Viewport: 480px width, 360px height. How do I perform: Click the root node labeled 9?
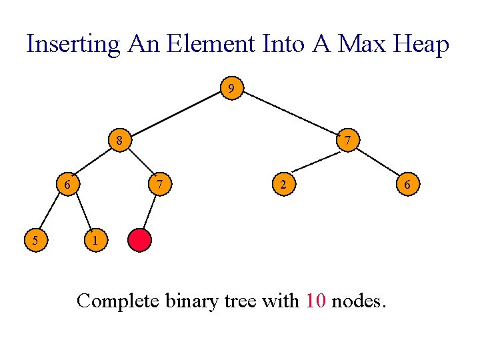(x=231, y=88)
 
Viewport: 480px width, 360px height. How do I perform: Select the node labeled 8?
(x=119, y=141)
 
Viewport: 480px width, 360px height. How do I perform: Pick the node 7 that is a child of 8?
(x=157, y=183)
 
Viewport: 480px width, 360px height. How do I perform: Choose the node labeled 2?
(x=283, y=183)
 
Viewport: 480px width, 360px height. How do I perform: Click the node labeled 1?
(x=95, y=239)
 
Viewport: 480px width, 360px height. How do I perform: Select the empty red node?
(x=140, y=239)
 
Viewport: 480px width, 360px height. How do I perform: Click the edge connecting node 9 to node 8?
(x=175, y=114)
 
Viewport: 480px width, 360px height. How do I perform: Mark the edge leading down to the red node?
(x=149, y=211)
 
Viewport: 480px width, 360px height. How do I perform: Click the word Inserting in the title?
(x=73, y=45)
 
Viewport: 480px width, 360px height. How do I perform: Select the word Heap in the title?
(x=421, y=45)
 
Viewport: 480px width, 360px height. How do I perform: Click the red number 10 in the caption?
(x=315, y=301)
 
